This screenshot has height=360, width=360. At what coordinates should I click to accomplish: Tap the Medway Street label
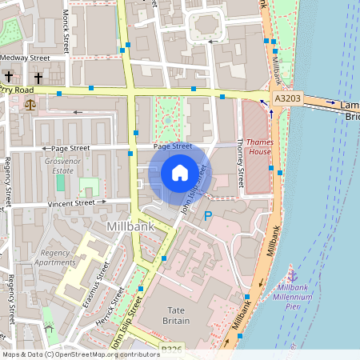pos(25,58)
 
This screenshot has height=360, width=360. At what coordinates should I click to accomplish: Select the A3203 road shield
pos(287,98)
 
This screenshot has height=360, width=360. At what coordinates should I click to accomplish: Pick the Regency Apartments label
pos(54,258)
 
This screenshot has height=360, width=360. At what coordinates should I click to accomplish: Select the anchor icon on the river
pos(292,275)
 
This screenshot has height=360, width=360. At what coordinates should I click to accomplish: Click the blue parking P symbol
pos(208,216)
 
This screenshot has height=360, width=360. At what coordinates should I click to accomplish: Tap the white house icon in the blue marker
pos(180,172)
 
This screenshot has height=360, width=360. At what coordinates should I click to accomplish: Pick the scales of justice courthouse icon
pos(30,102)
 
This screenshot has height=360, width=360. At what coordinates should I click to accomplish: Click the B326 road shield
pos(170,350)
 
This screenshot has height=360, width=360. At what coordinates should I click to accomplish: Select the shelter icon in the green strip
pos(48,328)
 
